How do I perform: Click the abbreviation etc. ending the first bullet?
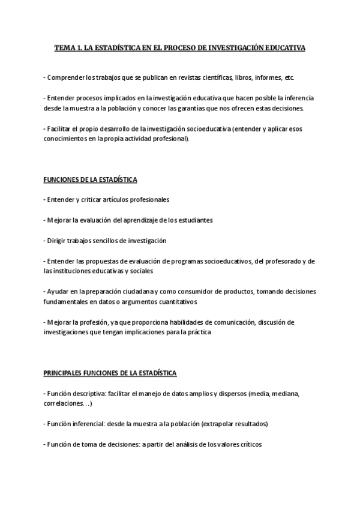point(289,78)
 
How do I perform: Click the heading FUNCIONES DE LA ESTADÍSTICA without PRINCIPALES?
point(90,179)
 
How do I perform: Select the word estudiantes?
point(193,220)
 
